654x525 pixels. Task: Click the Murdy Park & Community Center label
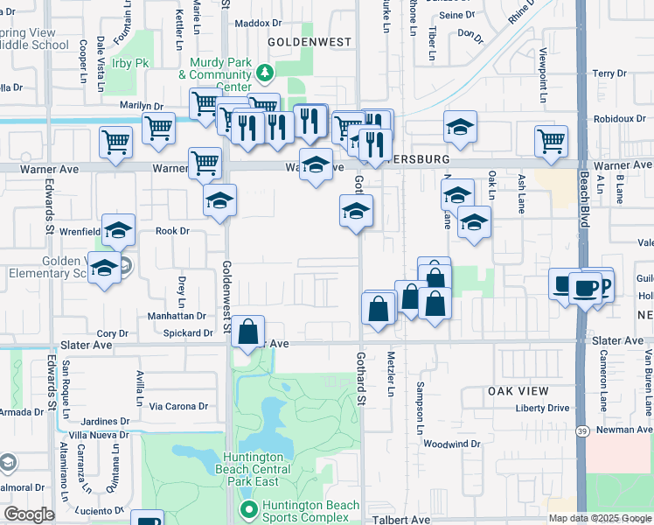220,75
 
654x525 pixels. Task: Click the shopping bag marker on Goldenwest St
248,332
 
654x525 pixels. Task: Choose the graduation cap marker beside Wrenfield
118,231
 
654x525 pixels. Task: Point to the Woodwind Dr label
451,444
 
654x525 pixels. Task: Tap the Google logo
29,514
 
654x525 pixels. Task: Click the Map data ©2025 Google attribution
600,518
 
